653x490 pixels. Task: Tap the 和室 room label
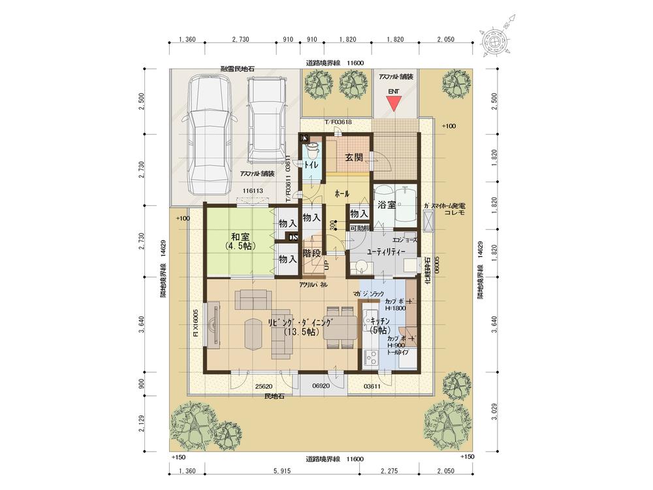238,238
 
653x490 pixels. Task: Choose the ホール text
341,194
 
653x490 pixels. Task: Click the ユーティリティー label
386,251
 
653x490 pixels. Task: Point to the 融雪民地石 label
237,69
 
